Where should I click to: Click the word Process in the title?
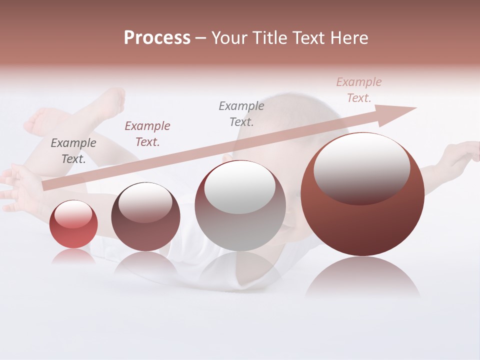coord(157,38)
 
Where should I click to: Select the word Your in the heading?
coord(229,38)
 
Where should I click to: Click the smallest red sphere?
coord(73,224)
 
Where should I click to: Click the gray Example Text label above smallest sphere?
coord(73,151)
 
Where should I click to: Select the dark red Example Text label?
coord(147,134)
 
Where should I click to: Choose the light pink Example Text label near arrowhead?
coord(358,90)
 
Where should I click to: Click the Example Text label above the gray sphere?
coord(241,113)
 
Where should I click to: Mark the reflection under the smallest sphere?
coord(73,256)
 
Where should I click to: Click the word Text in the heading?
coord(309,38)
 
